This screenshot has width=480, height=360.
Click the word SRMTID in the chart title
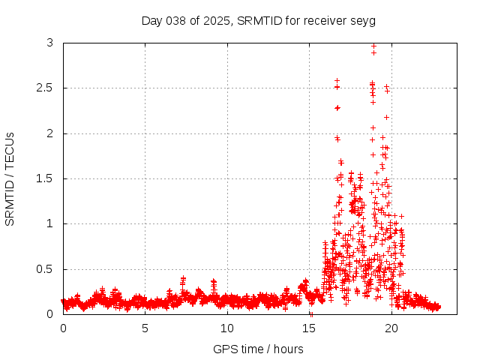point(256,20)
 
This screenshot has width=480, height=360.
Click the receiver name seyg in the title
point(363,20)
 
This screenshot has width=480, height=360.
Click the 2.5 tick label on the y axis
point(47,88)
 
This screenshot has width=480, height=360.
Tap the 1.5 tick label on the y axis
point(47,178)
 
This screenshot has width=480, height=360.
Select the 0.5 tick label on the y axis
point(47,269)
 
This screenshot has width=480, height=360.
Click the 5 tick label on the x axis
point(145,328)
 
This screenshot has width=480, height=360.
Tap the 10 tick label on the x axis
point(227,328)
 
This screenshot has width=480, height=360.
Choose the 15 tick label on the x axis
point(309,328)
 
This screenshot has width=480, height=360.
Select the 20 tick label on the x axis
point(391,328)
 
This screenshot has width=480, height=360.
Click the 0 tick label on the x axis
point(63,328)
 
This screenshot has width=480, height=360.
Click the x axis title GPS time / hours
point(258,349)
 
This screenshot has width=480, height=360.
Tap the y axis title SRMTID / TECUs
point(10,178)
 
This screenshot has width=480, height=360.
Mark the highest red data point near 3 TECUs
point(373,46)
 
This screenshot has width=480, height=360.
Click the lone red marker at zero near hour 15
point(311,313)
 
